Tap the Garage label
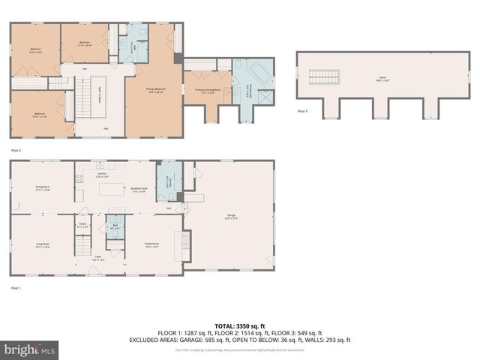[231, 217]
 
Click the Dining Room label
[42, 188]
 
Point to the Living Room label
[42, 245]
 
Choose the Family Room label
[152, 245]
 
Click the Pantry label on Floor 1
[83, 225]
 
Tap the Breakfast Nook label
[138, 190]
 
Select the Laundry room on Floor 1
[168, 181]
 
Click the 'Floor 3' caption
[302, 111]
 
